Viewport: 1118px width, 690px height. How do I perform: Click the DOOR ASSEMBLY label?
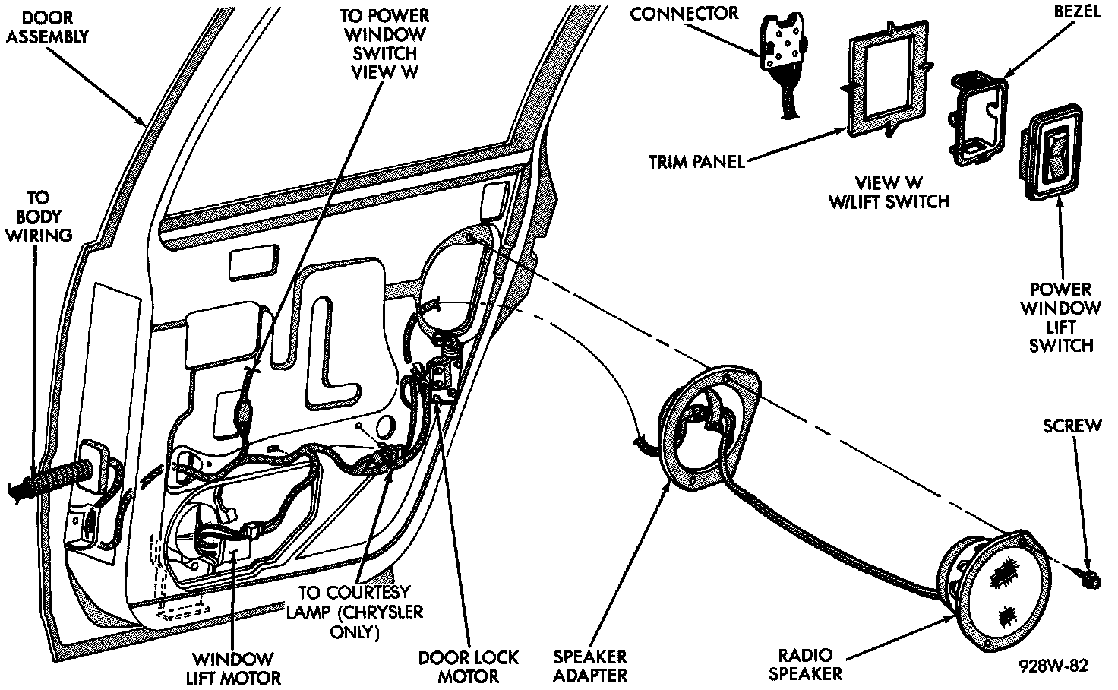point(47,27)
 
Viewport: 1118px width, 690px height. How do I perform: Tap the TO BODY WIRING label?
point(39,217)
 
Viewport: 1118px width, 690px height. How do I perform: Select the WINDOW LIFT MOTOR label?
point(233,669)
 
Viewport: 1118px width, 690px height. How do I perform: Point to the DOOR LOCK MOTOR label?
point(468,667)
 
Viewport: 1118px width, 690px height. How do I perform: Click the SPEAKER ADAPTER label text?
point(590,666)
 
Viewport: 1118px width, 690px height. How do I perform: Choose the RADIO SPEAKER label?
point(806,664)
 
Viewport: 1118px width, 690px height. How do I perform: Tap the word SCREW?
point(1072,426)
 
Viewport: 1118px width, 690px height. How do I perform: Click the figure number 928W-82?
point(1053,666)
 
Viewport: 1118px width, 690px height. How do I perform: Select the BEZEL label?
point(1077,11)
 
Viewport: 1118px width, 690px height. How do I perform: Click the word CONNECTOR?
point(684,14)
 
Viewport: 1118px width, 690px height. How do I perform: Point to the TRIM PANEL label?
point(696,162)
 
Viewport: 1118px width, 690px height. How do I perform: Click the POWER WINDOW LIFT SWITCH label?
point(1060,318)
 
